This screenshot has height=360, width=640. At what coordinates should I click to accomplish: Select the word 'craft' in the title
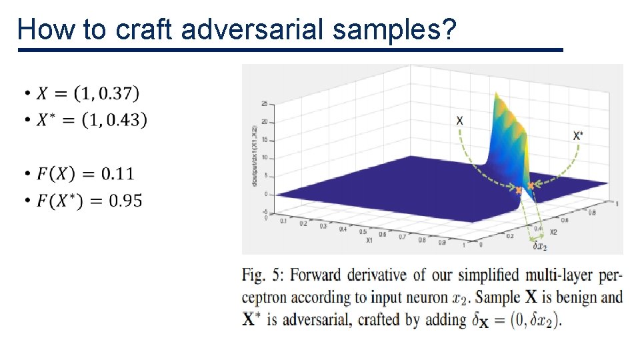[x=145, y=29]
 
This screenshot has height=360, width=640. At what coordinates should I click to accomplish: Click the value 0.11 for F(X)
[x=117, y=174]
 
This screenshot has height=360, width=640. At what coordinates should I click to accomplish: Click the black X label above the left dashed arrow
[x=459, y=121]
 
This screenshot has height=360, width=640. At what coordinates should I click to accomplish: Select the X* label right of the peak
[x=577, y=135]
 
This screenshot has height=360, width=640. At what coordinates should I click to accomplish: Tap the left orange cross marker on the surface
[x=519, y=191]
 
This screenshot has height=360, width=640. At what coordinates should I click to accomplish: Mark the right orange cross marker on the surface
[x=531, y=185]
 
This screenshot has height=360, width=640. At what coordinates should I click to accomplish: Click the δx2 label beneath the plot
[x=539, y=247]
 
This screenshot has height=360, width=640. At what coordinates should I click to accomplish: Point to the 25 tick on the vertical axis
[x=265, y=104]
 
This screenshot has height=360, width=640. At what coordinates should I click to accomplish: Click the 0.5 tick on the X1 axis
[x=363, y=232]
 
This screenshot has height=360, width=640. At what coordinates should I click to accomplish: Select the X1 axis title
[x=369, y=241]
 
